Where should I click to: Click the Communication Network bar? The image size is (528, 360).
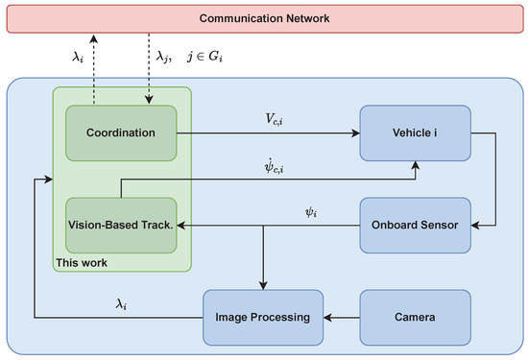(x=264, y=19)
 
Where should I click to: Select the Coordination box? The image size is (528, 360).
(x=122, y=132)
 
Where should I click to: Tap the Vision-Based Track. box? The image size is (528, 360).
(x=122, y=225)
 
